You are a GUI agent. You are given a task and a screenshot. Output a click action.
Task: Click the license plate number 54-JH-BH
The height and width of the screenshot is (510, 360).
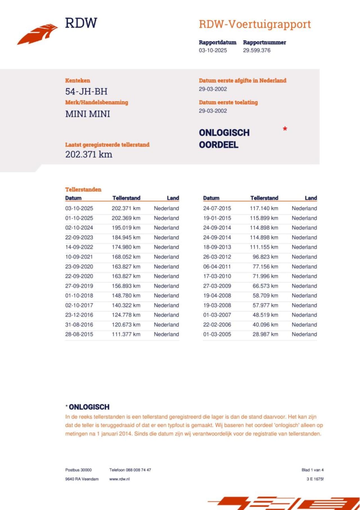tap(86, 91)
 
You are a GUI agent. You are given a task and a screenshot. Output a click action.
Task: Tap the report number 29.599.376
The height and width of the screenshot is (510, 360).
tap(256, 50)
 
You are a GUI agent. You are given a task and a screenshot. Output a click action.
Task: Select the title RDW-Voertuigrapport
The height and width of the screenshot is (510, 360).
tap(255, 24)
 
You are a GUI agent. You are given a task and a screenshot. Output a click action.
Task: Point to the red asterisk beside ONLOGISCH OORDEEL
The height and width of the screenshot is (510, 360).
tap(285, 129)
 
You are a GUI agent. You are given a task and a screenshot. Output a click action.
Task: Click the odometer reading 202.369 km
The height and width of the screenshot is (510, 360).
tap(126, 218)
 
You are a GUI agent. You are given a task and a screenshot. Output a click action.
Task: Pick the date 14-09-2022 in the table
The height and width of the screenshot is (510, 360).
tap(79, 247)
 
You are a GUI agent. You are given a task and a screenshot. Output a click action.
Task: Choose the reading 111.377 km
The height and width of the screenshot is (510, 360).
tap(126, 334)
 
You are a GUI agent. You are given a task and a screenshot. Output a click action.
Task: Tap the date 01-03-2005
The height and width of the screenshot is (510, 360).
tap(217, 334)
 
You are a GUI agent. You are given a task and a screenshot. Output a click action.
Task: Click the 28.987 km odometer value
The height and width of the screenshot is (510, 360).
tap(265, 334)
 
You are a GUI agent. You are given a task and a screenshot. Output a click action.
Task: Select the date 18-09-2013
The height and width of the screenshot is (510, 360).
tap(217, 247)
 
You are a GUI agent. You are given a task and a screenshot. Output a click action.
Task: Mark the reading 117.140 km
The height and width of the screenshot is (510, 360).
tap(264, 209)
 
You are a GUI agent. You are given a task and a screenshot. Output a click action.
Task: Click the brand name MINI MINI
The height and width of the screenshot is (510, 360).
tap(87, 114)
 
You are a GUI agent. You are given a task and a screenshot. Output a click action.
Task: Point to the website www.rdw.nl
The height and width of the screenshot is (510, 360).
tap(120, 479)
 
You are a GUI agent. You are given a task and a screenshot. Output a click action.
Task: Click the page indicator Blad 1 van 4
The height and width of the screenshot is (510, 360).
tap(312, 470)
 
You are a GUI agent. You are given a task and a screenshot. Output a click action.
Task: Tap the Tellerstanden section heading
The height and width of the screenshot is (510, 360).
tap(83, 189)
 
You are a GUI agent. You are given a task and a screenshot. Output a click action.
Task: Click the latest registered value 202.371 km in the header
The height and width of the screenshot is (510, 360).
tap(89, 154)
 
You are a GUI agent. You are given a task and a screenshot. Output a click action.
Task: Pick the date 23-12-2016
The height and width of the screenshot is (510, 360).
tap(79, 315)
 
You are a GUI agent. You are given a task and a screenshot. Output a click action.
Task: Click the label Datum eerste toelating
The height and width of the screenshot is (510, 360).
tap(228, 102)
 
